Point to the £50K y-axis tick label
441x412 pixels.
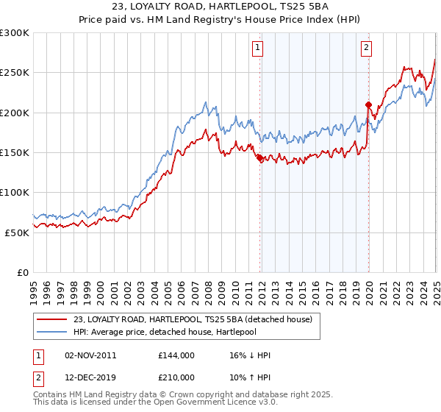[x=17, y=232]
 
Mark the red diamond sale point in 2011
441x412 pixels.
[x=259, y=157]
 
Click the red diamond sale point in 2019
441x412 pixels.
[x=368, y=105]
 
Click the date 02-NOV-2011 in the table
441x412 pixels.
[x=90, y=355]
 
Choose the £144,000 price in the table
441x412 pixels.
[x=176, y=355]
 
